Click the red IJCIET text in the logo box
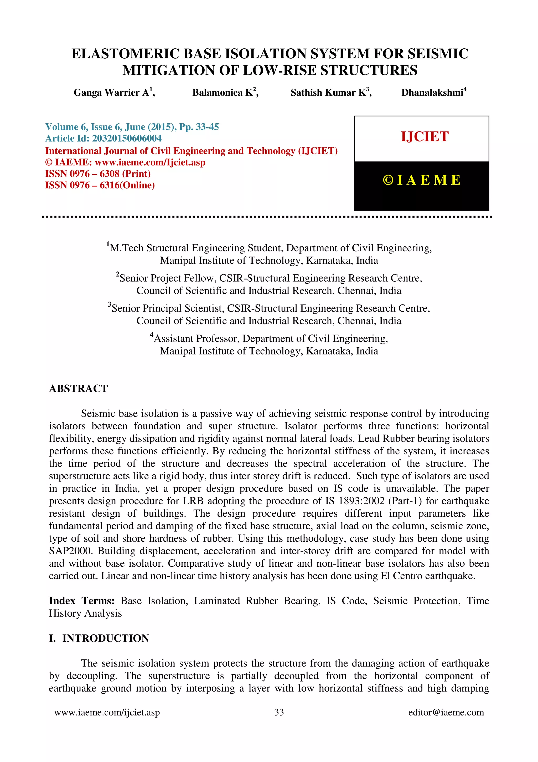pyautogui.click(x=424, y=137)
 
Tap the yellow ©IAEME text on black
pyautogui.click(x=421, y=180)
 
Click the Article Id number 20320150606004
pyautogui.click(x=127, y=138)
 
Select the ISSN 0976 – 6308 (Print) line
pyautogui.click(x=98, y=174)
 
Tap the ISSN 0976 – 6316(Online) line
pyautogui.click(x=100, y=185)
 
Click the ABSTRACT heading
pyautogui.click(x=79, y=388)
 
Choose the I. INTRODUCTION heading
pyautogui.click(x=99, y=638)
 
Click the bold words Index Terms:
pyautogui.click(x=81, y=601)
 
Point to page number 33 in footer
pyautogui.click(x=279, y=712)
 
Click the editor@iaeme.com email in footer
pyautogui.click(x=446, y=712)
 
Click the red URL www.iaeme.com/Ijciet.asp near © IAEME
pyautogui.click(x=150, y=162)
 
